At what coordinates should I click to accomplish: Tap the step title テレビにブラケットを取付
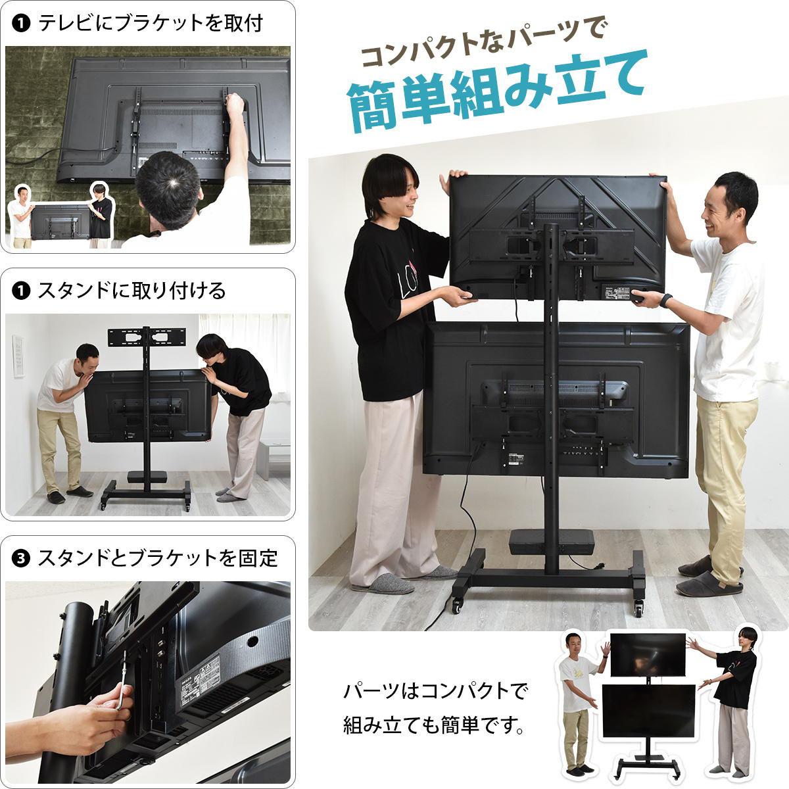click(x=151, y=23)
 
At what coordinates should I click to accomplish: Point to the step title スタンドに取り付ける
click(x=131, y=290)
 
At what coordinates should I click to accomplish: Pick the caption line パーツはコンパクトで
click(x=435, y=691)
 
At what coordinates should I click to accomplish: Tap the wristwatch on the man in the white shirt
click(x=666, y=300)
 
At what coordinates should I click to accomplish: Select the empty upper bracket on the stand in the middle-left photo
click(x=147, y=337)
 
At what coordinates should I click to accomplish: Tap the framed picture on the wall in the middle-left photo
click(x=18, y=355)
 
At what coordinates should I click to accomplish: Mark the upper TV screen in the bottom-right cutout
click(x=648, y=654)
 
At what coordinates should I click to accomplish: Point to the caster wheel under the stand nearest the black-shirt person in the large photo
click(x=456, y=606)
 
